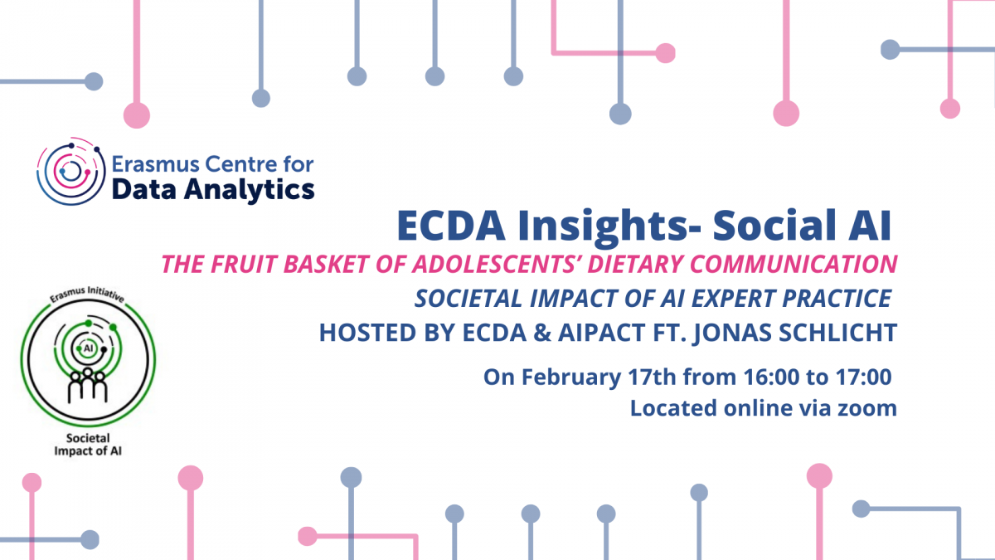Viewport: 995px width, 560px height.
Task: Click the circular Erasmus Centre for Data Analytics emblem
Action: (x=71, y=172)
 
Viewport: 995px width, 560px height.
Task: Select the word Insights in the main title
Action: (x=602, y=226)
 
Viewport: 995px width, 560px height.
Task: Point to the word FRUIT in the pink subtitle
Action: (x=245, y=264)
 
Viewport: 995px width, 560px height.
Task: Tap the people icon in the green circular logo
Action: (x=88, y=385)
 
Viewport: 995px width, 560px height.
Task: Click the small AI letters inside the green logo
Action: (x=89, y=348)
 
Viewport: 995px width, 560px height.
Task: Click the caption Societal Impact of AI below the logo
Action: (x=88, y=445)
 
